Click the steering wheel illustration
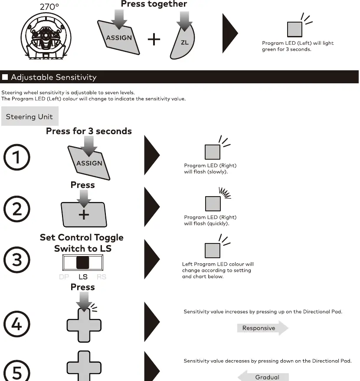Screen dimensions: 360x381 (46, 36)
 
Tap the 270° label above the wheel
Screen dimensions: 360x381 (49, 7)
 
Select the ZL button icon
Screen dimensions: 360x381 (183, 42)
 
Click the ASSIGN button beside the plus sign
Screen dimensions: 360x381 (118, 38)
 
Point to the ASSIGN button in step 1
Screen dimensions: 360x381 (89, 163)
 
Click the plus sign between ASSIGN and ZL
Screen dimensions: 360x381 (154, 39)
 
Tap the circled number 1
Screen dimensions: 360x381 (17, 157)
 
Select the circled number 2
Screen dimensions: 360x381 (17, 209)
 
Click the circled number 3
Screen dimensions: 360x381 (17, 259)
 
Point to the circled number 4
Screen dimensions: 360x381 (17, 324)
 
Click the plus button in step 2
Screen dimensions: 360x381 (84, 214)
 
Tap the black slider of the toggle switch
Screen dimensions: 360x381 (82, 263)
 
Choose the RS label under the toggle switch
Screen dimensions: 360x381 (101, 277)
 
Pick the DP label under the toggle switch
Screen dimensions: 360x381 (64, 277)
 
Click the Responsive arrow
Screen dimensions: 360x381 (263, 328)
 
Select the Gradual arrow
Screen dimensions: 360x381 (263, 376)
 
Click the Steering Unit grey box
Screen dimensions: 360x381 (30, 116)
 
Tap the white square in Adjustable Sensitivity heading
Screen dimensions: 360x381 (5, 77)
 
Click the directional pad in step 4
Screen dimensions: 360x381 (84, 325)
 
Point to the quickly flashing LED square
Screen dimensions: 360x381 (213, 204)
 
